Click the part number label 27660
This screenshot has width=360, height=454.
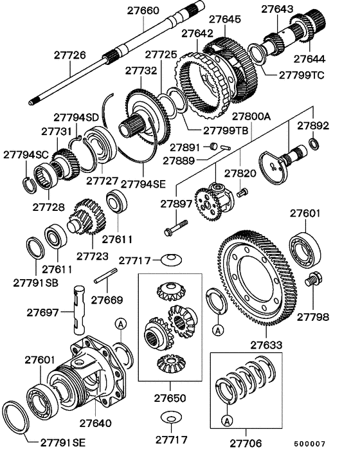tap(143, 12)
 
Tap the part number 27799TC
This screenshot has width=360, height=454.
tap(301, 75)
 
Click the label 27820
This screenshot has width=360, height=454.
tap(240, 173)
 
